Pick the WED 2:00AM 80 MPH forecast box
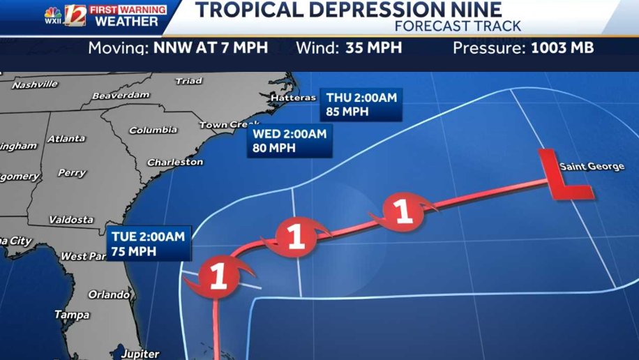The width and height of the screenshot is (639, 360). point(290,141)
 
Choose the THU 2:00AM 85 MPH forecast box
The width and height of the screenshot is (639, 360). point(361,104)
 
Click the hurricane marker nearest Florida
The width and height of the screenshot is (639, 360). point(218,276)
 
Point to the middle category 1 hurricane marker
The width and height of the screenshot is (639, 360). point(296,237)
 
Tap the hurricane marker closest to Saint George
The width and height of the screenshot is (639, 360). point(403,211)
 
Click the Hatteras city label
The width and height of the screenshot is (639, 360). point(293,98)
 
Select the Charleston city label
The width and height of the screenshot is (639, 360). point(175,162)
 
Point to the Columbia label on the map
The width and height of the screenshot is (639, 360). point(153,130)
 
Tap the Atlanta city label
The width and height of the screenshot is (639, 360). point(66,139)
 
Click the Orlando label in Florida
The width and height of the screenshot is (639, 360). point(109,294)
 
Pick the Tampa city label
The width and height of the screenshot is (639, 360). point(72,315)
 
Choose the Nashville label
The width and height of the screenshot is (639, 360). point(34,84)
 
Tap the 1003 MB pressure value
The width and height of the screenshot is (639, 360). point(562,48)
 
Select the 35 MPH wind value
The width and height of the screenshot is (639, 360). point(374,48)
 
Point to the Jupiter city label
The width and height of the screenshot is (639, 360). point(140,354)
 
